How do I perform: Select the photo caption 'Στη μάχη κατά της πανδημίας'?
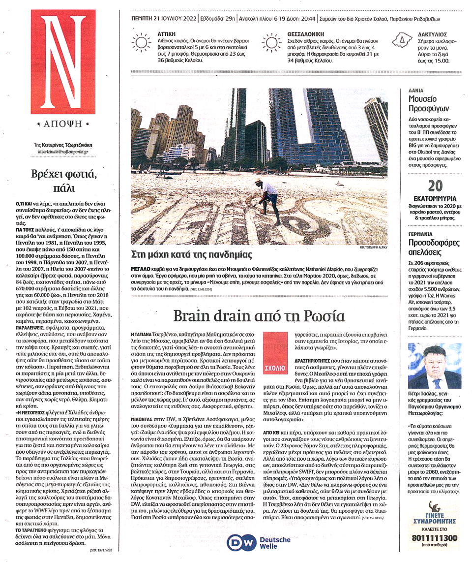[x=192, y=255]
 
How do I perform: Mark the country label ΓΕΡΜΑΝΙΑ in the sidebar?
[x=420, y=234]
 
